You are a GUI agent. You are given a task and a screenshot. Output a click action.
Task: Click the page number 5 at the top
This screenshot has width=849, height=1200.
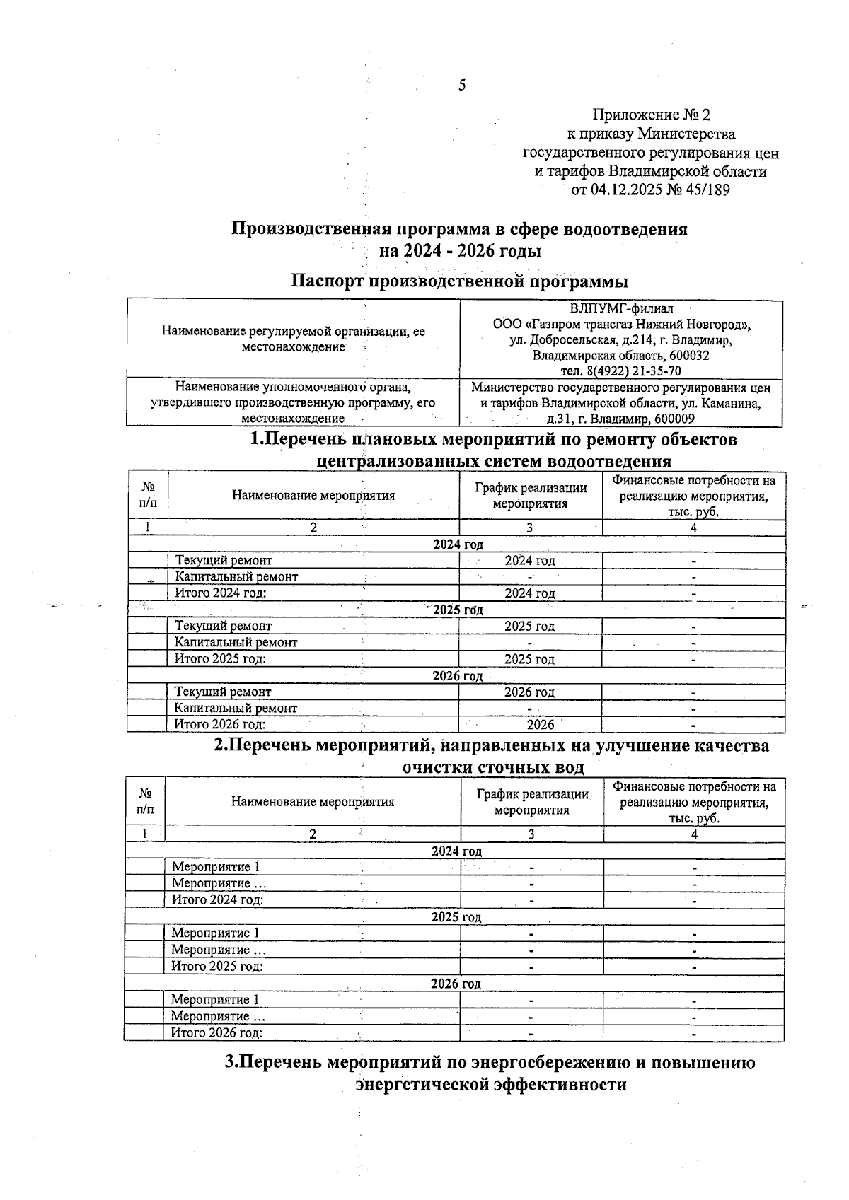coord(462,86)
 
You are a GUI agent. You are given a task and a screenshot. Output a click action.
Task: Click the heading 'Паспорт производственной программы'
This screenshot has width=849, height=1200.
coord(460,281)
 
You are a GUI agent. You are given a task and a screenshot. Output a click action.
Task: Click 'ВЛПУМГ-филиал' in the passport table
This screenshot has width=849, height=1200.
coord(621,309)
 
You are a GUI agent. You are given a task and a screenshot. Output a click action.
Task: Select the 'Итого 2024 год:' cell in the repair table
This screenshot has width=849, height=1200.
coord(221,593)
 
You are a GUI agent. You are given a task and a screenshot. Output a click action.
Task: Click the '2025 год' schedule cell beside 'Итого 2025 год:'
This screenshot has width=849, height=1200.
coord(529,659)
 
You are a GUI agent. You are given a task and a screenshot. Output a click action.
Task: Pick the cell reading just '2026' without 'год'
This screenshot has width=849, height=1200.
coord(541,724)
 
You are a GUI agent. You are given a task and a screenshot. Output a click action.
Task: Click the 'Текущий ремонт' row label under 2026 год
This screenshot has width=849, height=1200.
coord(223,692)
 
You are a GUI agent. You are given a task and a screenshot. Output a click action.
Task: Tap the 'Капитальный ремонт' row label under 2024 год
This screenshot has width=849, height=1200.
coord(236,576)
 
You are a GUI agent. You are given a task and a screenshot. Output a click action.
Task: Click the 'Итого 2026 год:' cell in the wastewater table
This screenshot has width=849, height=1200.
coord(217,1032)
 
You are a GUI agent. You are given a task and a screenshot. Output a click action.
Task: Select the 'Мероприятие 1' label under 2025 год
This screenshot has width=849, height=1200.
coord(215,933)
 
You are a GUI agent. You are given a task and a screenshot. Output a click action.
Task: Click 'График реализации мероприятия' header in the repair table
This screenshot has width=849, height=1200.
coord(531,496)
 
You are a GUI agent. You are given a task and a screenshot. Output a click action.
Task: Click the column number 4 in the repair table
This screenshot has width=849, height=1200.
coord(693,528)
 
